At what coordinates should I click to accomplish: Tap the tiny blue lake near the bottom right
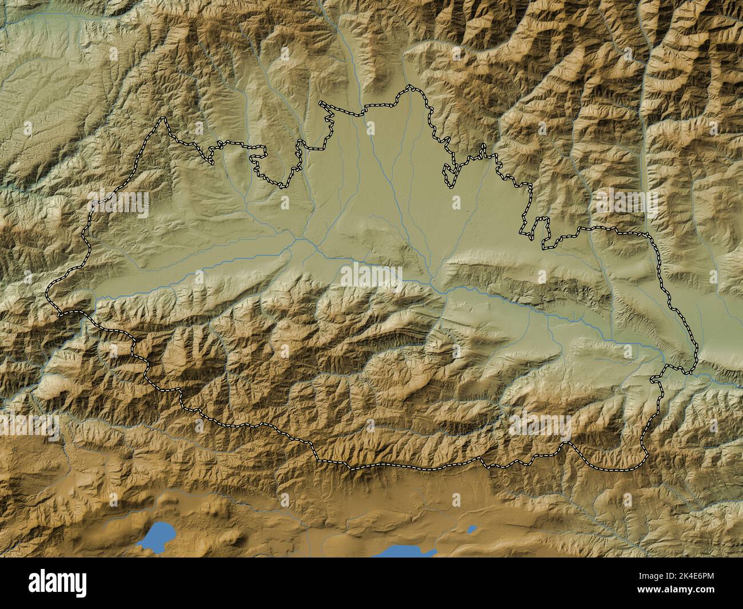[x=472, y=529]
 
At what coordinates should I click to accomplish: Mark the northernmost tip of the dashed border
[x=409, y=86]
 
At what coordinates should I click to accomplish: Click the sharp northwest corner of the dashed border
[x=165, y=118]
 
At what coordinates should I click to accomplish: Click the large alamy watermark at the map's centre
[x=371, y=274]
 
